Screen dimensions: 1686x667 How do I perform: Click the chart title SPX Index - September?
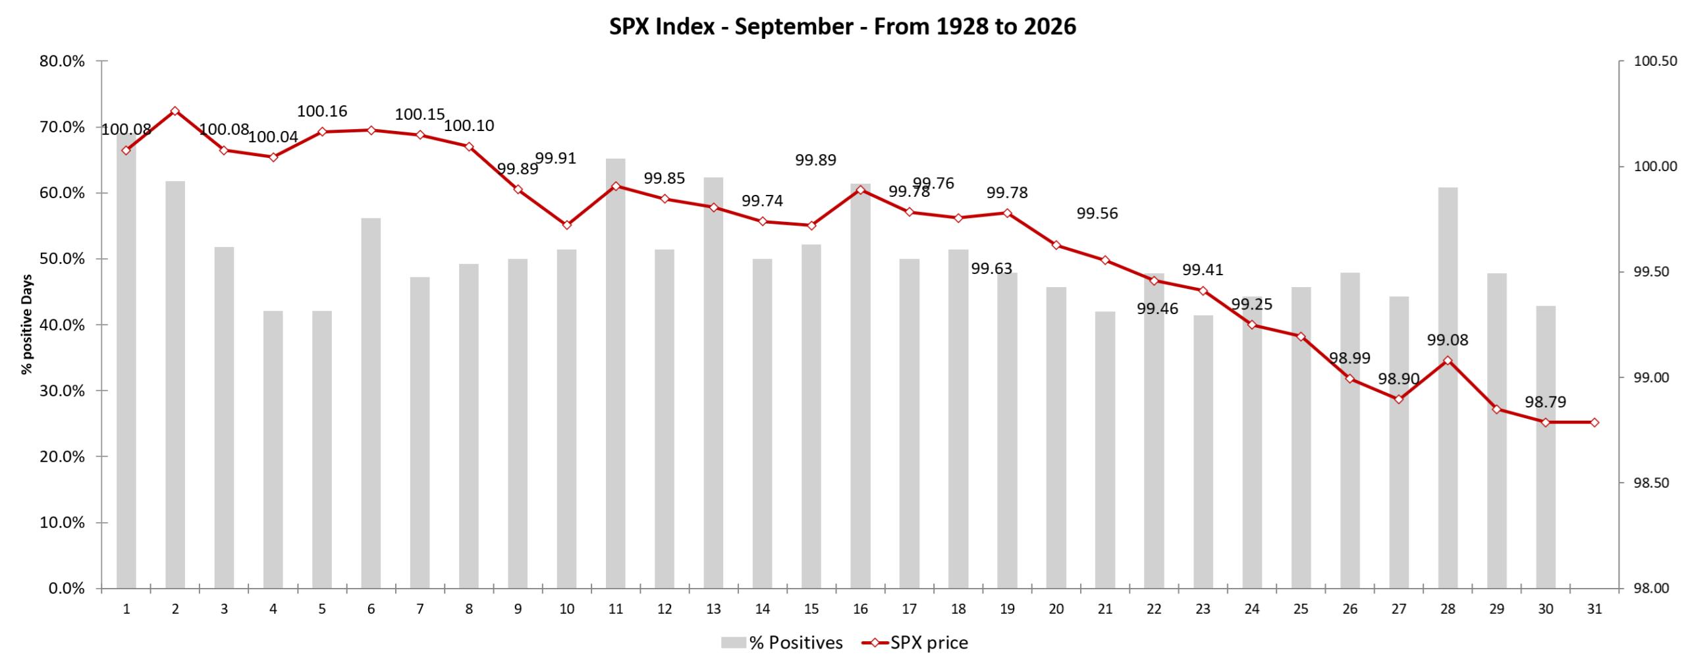(842, 26)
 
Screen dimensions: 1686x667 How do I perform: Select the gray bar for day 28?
(1447, 388)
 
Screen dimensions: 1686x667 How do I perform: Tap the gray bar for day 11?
(615, 373)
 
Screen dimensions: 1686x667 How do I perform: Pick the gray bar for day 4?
(273, 450)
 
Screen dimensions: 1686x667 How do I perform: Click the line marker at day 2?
(175, 111)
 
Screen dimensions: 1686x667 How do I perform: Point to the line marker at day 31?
(1594, 422)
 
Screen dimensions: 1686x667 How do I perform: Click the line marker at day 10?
(566, 225)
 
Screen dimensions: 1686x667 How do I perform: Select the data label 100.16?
(321, 111)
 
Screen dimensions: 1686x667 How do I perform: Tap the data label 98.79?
(1545, 402)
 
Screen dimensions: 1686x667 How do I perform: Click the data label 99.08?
(1447, 340)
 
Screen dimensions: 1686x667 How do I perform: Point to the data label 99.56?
(1097, 213)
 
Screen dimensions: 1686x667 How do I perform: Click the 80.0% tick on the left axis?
(63, 61)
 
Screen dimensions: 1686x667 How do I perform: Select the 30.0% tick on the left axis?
(63, 390)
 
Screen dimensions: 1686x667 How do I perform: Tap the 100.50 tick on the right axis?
(1655, 61)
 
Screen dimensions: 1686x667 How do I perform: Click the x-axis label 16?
(860, 609)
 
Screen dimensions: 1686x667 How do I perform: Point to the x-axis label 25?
(1300, 609)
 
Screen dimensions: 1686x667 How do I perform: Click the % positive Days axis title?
(27, 325)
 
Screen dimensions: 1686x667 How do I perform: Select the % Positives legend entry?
(782, 643)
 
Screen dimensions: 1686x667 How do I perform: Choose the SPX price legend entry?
(915, 643)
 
